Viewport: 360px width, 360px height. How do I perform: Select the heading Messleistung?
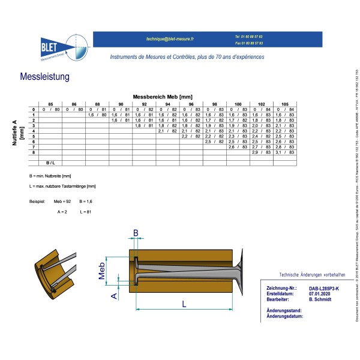(x=45, y=77)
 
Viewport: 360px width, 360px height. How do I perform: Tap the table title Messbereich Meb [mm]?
(x=163, y=97)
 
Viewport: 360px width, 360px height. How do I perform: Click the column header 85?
(x=50, y=104)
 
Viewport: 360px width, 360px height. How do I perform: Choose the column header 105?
(x=284, y=104)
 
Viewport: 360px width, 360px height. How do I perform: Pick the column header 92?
(x=144, y=104)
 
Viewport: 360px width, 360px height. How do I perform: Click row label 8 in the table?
(x=34, y=152)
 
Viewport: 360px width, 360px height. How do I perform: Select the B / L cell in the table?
(x=50, y=163)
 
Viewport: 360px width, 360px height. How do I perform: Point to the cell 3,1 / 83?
(x=284, y=152)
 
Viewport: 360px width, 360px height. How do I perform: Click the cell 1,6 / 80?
(x=97, y=115)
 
